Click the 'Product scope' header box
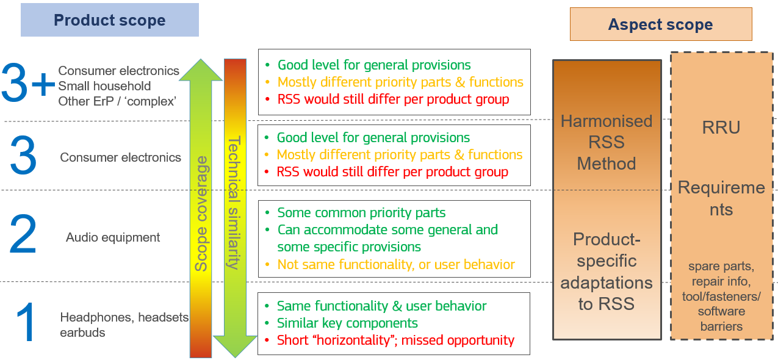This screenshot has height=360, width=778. click(110, 20)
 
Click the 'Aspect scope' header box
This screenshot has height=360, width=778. click(660, 24)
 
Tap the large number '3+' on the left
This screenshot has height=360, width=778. click(27, 84)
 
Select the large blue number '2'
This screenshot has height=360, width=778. click(23, 235)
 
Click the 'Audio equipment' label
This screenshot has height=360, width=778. click(113, 237)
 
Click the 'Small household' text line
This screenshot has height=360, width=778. click(104, 86)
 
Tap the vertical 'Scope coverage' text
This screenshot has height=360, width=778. click(201, 214)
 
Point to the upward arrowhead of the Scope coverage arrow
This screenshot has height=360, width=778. click(201, 68)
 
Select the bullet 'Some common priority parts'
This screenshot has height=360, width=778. click(361, 213)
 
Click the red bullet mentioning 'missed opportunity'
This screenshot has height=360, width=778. click(395, 340)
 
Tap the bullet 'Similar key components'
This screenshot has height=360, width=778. click(347, 323)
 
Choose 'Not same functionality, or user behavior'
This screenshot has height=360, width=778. click(396, 264)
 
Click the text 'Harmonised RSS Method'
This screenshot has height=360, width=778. click(607, 142)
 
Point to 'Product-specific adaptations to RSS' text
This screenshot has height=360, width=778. click(607, 272)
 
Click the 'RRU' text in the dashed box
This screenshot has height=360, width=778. click(721, 127)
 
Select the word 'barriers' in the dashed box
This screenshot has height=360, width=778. click(721, 326)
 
